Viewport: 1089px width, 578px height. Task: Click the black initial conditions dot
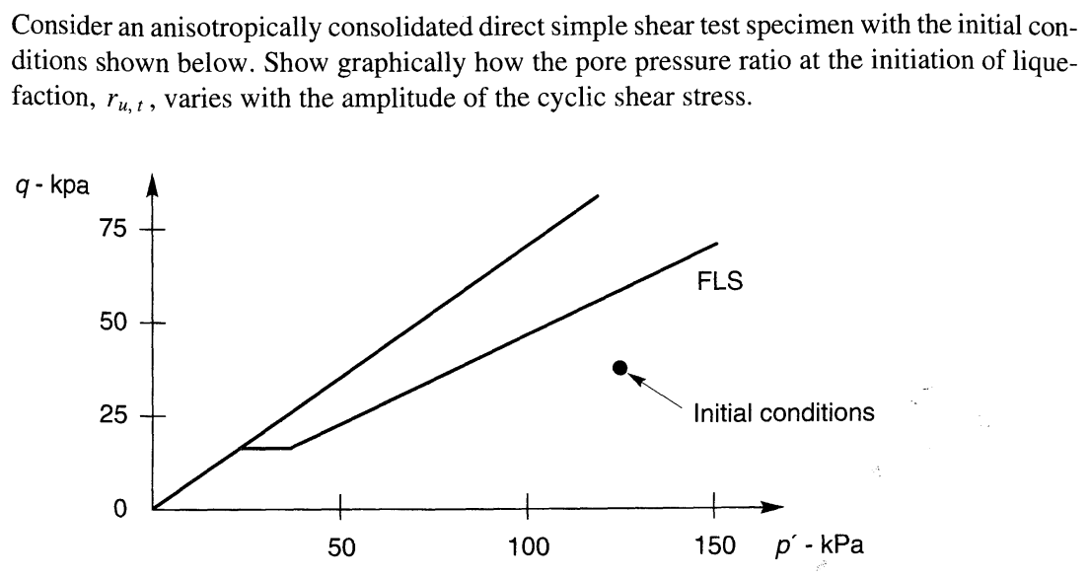pos(619,368)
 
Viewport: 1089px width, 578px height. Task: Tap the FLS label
pos(718,281)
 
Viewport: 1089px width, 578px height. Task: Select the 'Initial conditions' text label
pos(784,412)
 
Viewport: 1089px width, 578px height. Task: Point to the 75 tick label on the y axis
pos(112,229)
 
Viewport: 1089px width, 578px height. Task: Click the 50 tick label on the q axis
pos(112,323)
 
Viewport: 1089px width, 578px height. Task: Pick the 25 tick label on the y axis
pos(112,416)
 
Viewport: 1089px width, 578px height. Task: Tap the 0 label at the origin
pos(118,510)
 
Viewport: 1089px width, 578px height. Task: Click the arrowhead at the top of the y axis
pos(152,190)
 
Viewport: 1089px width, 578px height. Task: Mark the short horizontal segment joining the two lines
pos(265,449)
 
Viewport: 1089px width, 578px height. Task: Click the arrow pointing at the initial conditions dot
pos(655,389)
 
